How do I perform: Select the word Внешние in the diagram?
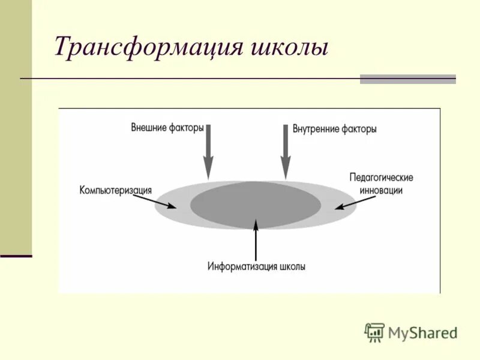149,128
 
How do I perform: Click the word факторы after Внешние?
186,128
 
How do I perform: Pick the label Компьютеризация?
115,190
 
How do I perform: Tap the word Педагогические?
381,178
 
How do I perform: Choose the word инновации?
381,190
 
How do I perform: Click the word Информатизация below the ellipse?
243,266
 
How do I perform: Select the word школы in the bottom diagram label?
293,266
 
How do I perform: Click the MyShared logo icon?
374,332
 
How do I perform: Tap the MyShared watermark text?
423,333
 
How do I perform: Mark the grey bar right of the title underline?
407,79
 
